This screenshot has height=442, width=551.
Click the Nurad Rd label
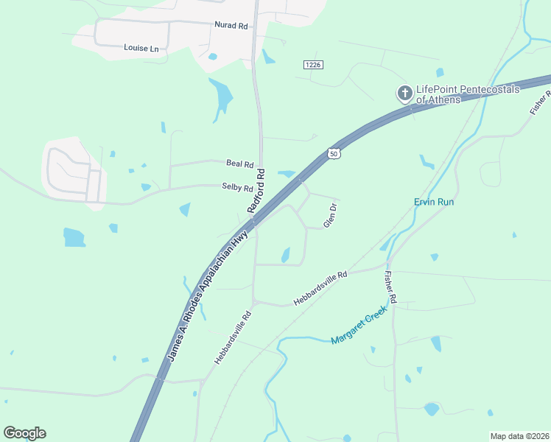pos(231,25)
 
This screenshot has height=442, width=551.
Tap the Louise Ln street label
pos(141,49)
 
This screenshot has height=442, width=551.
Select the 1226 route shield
pos(313,66)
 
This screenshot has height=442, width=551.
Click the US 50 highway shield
pos(334,153)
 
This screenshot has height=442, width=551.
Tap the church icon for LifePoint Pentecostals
pos(404,94)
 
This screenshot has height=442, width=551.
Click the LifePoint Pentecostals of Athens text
pos(468,94)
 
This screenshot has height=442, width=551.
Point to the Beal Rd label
pos(239,163)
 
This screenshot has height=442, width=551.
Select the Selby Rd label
pos(237,187)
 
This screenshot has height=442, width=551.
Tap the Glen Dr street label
pos(331,214)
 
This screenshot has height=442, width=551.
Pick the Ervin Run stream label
pos(434,202)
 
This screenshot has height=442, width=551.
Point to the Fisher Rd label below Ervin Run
pos(391,288)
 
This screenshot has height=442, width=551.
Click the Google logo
pos(24,432)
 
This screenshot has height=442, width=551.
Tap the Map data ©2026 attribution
pos(519,436)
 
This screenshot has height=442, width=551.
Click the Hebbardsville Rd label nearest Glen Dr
pos(320,288)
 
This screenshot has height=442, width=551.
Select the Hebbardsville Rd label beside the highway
pos(234,337)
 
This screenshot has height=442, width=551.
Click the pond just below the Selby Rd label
pos(184,210)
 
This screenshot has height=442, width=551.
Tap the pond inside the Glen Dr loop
pos(285,255)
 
